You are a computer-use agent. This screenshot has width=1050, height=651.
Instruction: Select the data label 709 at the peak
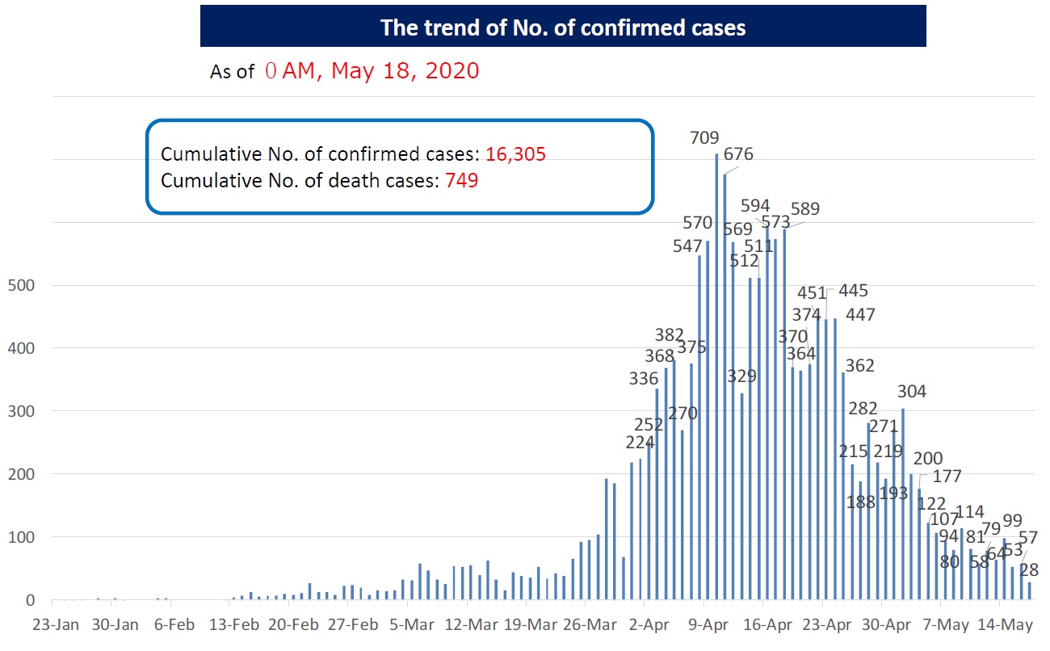(x=704, y=138)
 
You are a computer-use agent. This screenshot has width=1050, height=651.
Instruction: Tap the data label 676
(x=738, y=154)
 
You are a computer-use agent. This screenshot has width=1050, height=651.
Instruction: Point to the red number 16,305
(x=516, y=154)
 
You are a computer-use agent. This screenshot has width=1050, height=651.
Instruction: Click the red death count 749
(x=462, y=181)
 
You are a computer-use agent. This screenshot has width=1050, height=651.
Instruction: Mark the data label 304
(x=911, y=392)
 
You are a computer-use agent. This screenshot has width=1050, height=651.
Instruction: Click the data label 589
(x=804, y=208)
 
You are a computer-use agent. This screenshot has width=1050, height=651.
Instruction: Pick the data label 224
(x=640, y=442)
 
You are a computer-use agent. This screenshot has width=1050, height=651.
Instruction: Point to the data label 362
(x=859, y=366)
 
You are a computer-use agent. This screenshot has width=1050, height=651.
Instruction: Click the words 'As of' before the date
(x=232, y=73)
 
